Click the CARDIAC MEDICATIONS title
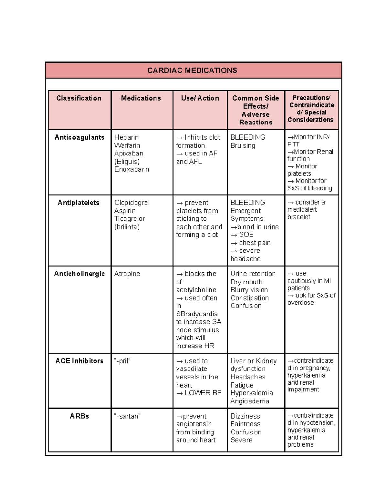click(x=192, y=70)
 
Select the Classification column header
click(x=79, y=98)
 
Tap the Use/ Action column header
click(x=200, y=98)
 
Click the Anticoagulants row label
click(x=79, y=138)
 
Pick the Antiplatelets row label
click(x=79, y=203)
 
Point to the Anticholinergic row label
click(x=79, y=274)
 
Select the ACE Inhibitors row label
click(x=79, y=361)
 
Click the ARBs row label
click(x=79, y=416)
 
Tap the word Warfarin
click(x=127, y=146)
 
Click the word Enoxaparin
click(x=132, y=169)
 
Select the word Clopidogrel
click(x=132, y=203)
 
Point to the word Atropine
click(x=127, y=274)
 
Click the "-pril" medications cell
click(x=122, y=361)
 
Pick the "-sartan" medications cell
click(x=127, y=416)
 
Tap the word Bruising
click(x=242, y=146)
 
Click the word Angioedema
click(x=250, y=401)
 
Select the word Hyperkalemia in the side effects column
click(x=252, y=393)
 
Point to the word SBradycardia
click(x=197, y=314)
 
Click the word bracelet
click(x=299, y=217)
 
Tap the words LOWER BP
click(x=203, y=393)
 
